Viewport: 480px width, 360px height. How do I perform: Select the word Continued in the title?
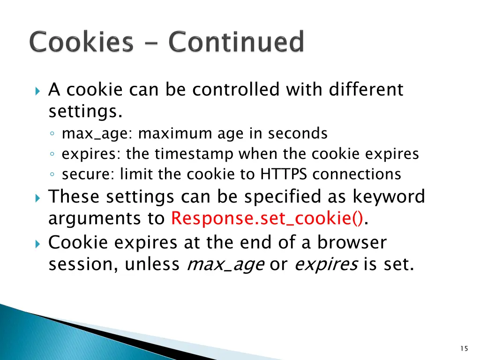click(x=236, y=42)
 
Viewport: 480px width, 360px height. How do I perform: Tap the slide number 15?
click(x=464, y=348)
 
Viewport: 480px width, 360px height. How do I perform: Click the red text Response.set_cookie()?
click(x=267, y=218)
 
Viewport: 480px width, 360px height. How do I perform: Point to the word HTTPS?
click(x=284, y=174)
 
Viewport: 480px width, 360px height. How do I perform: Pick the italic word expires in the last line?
click(x=326, y=265)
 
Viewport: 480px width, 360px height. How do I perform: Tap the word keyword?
click(x=389, y=196)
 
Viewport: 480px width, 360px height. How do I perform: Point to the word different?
click(x=366, y=89)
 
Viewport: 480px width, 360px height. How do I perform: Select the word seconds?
click(x=298, y=134)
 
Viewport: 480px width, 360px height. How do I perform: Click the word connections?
click(x=357, y=174)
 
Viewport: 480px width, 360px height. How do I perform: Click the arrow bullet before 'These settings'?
click(x=38, y=197)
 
